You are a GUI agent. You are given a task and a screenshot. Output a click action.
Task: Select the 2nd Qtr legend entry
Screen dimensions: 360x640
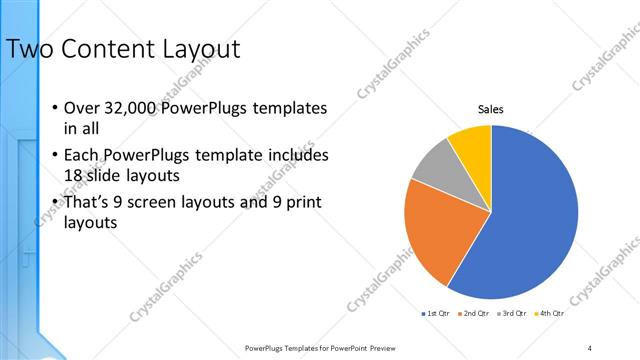[x=473, y=313]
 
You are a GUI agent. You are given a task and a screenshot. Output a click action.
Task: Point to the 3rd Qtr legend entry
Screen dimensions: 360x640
[x=511, y=313]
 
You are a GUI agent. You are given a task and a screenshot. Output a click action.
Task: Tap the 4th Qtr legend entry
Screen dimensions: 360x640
[x=549, y=313]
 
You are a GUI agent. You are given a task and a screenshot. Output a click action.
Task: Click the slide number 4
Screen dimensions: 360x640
[x=590, y=348]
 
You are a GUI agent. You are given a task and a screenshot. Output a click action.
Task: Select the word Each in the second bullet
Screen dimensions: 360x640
[x=82, y=156]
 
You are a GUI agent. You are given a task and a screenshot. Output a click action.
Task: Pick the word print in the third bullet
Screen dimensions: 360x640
[x=296, y=204]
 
